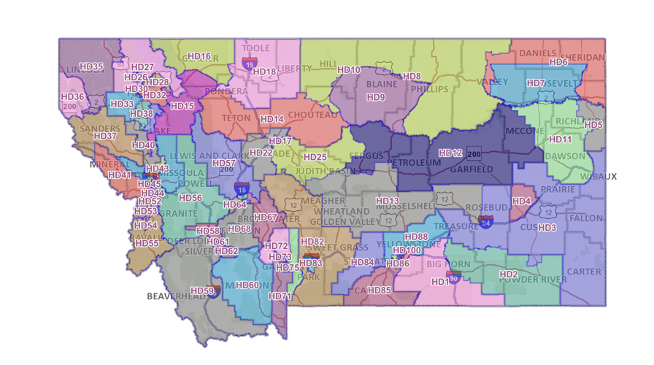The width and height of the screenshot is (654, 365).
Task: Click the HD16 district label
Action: [199, 56]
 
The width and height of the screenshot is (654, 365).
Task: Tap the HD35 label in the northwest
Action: [91, 66]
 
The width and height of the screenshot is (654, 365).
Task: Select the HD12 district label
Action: [450, 153]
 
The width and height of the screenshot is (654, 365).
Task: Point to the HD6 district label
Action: [558, 63]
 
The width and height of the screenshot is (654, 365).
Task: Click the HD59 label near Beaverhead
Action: [202, 291]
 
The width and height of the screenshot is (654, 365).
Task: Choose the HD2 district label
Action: [508, 274]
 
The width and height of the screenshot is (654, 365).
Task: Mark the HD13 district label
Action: [388, 201]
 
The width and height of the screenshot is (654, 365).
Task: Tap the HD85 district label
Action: [380, 291]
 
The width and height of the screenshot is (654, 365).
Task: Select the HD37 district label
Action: [105, 137]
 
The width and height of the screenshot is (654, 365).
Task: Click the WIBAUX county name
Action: [599, 177]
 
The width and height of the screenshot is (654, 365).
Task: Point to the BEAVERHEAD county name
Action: [176, 296]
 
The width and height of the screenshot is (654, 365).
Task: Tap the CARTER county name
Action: [584, 272]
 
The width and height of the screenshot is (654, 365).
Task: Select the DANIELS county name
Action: [539, 54]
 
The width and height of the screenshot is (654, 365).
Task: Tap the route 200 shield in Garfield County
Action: [474, 154]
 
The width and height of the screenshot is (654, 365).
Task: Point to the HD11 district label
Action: [560, 139]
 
